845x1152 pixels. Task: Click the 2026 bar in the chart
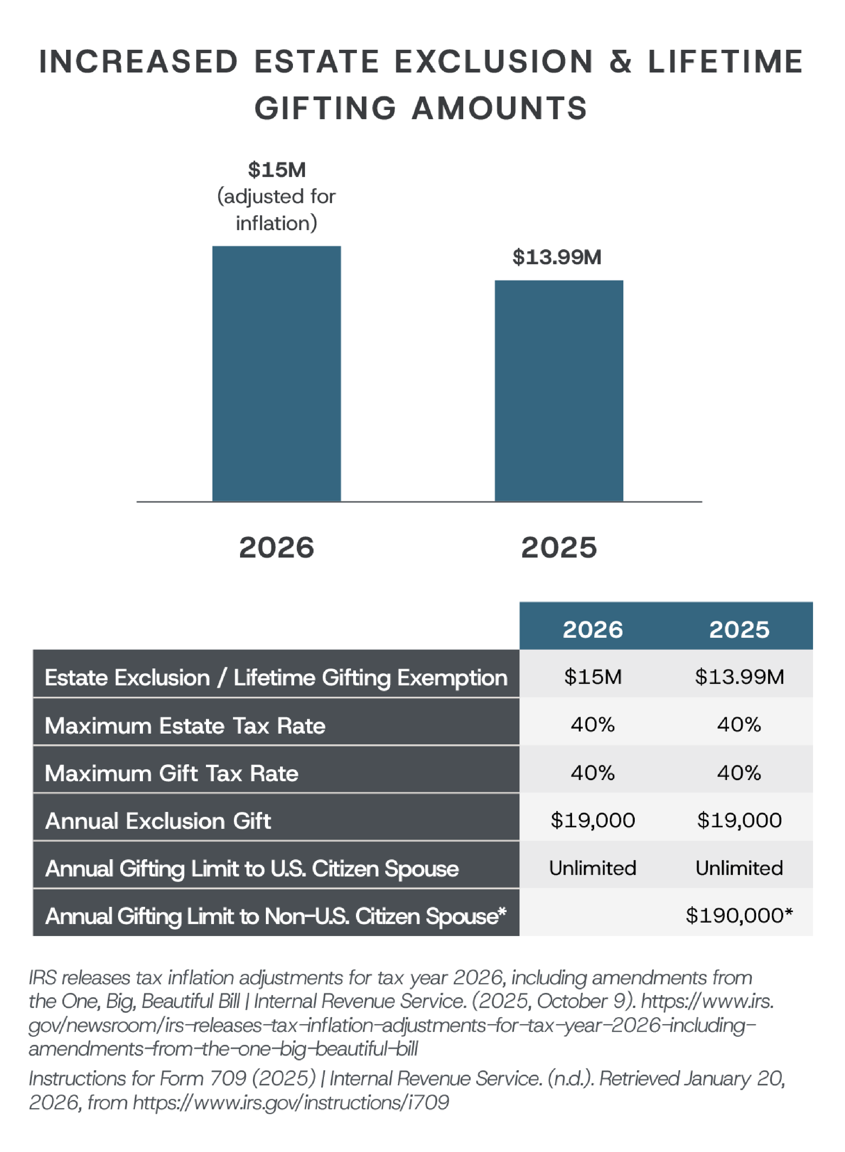276,374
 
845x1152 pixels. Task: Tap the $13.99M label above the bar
557,257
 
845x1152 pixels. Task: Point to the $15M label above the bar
277,170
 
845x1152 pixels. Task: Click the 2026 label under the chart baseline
277,547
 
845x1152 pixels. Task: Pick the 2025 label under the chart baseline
559,547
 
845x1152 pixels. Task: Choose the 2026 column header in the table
593,629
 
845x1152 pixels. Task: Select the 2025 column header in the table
739,629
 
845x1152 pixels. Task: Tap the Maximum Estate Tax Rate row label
185,726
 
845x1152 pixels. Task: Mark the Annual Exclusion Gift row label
158,821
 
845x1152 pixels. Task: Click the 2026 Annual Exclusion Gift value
593,820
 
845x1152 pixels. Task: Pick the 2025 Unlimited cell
739,868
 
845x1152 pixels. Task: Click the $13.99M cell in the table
739,677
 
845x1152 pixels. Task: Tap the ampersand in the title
620,61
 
